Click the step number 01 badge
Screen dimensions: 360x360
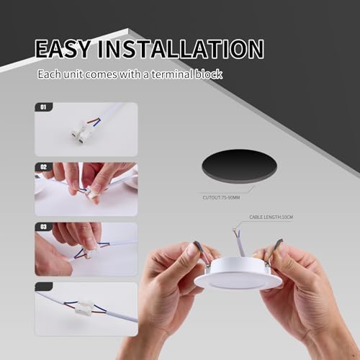click(x=42, y=107)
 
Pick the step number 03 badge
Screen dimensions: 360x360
click(x=42, y=227)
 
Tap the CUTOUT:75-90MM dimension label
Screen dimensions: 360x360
click(x=220, y=195)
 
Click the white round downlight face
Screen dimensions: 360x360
click(x=238, y=277)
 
